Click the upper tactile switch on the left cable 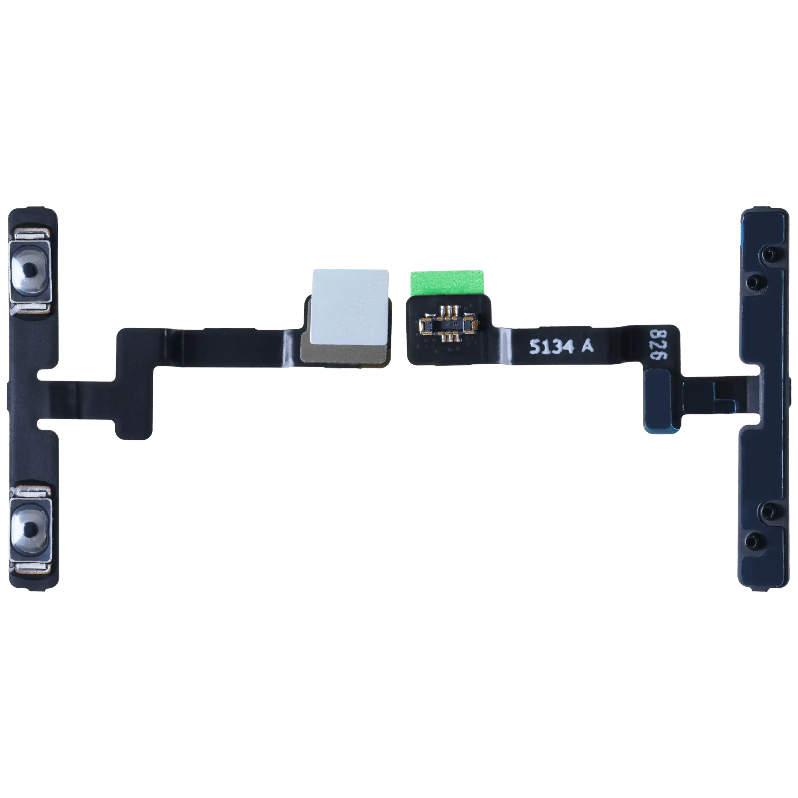pyautogui.click(x=30, y=271)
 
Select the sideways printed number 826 pyautogui.click(x=659, y=344)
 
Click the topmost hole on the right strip pyautogui.click(x=768, y=254)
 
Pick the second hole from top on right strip pyautogui.click(x=753, y=282)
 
